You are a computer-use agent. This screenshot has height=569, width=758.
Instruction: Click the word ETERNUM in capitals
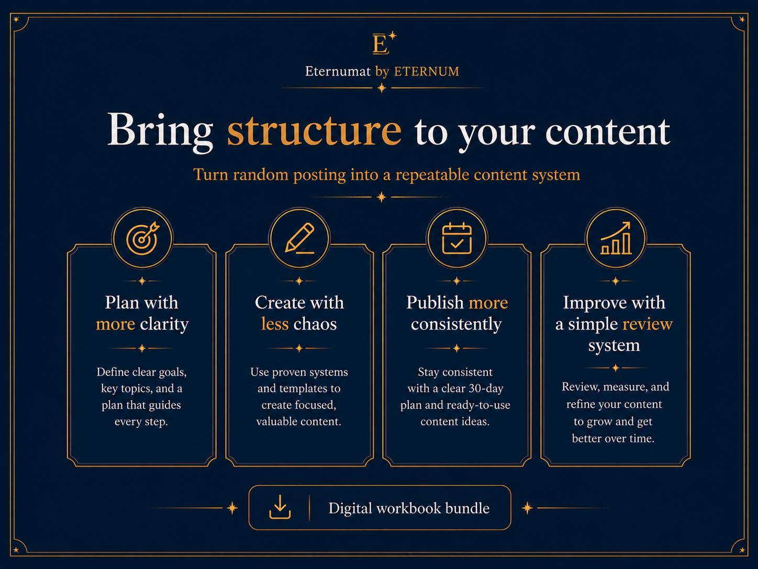tap(427, 71)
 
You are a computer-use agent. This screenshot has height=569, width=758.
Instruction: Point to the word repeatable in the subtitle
tap(432, 175)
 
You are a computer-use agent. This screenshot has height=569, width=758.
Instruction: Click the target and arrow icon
tap(142, 238)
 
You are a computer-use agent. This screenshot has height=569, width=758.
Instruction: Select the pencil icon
tap(299, 238)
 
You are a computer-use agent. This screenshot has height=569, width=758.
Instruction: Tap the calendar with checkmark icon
tap(457, 238)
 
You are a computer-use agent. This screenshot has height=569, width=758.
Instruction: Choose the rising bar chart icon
tap(616, 238)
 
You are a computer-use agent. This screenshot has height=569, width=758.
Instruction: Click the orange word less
tap(274, 324)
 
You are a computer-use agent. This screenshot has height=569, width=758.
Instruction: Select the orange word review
tap(648, 324)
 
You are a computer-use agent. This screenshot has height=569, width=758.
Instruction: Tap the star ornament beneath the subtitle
tap(381, 198)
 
